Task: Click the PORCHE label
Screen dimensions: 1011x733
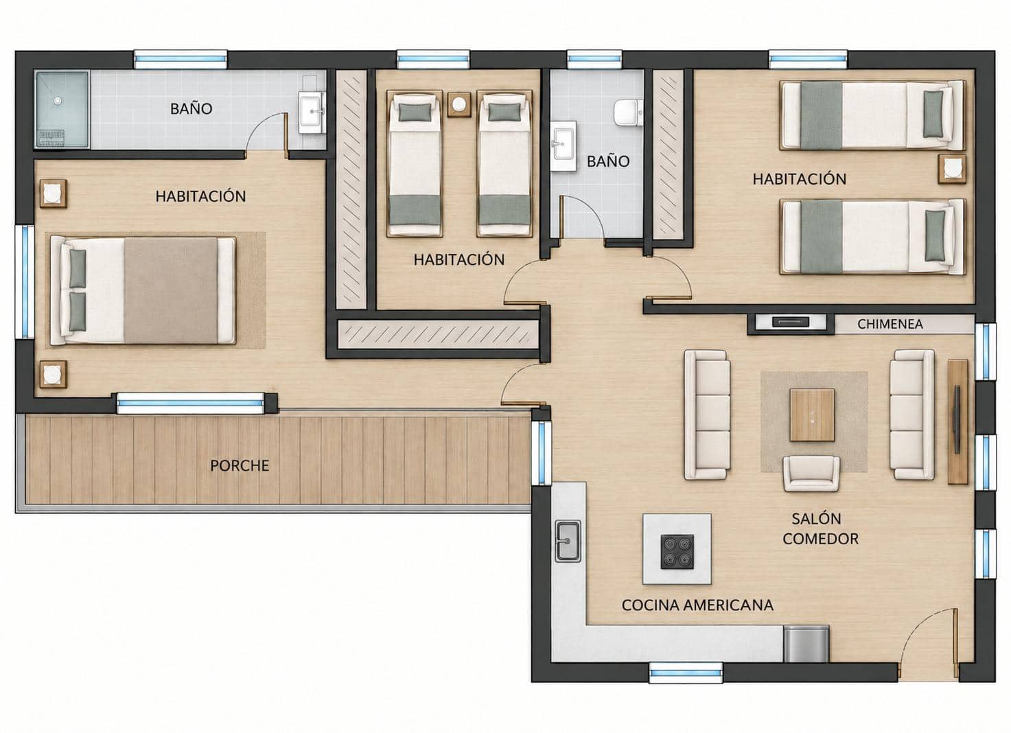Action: pyautogui.click(x=240, y=465)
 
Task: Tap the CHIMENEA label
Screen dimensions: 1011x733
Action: pyautogui.click(x=890, y=324)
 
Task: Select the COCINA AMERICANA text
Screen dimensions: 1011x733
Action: pyautogui.click(x=697, y=605)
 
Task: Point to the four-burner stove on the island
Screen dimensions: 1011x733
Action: pyautogui.click(x=677, y=552)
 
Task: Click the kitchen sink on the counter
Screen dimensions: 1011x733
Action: pyautogui.click(x=568, y=541)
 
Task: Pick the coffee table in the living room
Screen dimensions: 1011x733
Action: pyautogui.click(x=812, y=415)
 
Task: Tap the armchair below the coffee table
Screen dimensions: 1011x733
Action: pyautogui.click(x=811, y=474)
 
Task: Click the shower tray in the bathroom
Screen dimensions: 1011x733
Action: pyautogui.click(x=62, y=109)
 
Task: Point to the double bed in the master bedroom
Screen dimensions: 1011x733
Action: pyautogui.click(x=143, y=291)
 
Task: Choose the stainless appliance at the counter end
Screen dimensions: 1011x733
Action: pyautogui.click(x=806, y=644)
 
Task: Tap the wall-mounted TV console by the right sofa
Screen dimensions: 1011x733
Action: pyautogui.click(x=957, y=421)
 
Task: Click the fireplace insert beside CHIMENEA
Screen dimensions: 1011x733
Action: pyautogui.click(x=790, y=323)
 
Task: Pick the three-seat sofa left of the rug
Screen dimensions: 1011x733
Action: pyautogui.click(x=707, y=415)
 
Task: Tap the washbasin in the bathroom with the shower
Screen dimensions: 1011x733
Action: pyautogui.click(x=312, y=112)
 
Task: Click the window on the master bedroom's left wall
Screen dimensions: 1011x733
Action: pyautogui.click(x=25, y=281)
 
